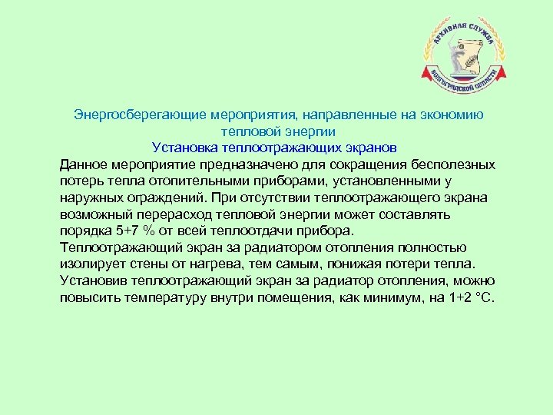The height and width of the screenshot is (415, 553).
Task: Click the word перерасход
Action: [x=163, y=214]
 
